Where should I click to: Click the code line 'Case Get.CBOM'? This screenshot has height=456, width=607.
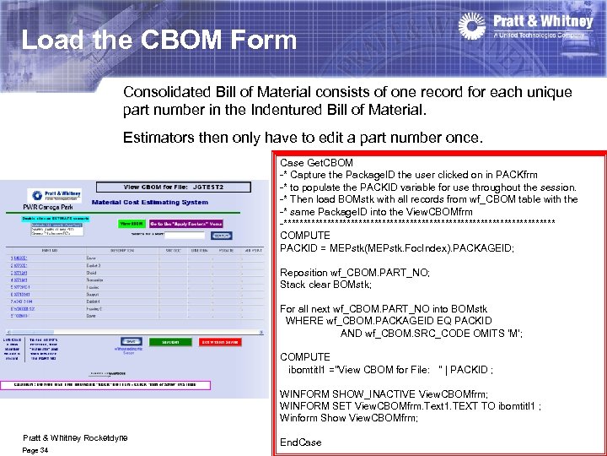(x=316, y=162)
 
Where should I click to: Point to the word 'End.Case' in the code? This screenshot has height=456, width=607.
(x=300, y=442)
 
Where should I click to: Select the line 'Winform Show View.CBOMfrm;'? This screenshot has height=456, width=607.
(x=348, y=418)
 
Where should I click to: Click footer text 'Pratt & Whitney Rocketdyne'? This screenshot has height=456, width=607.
(x=75, y=437)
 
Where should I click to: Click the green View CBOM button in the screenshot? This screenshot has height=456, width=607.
(x=131, y=224)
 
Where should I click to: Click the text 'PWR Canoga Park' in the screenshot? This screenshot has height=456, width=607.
(x=44, y=206)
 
